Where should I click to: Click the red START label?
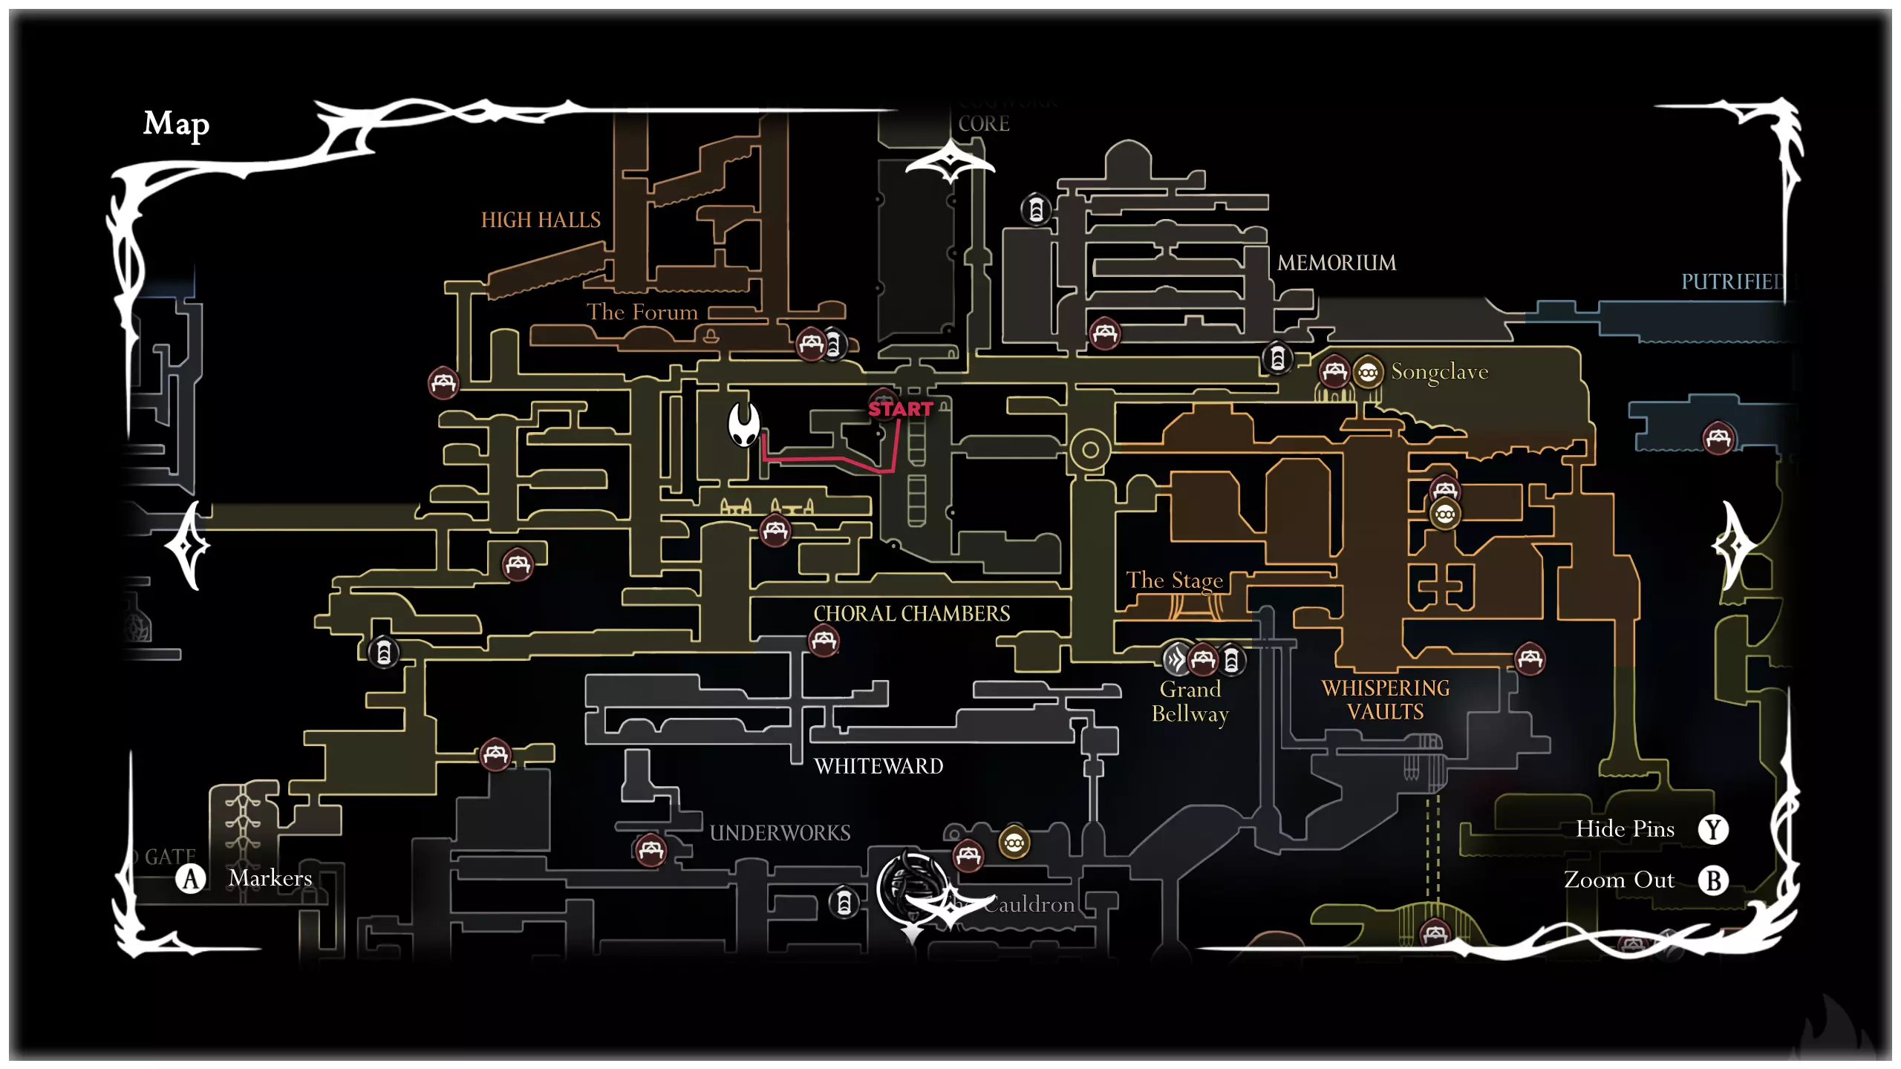900,409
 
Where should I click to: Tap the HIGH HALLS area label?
541,220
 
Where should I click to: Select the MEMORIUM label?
1337,263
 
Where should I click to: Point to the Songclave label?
1439,371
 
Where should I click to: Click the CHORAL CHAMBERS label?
911,613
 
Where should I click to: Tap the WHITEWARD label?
878,766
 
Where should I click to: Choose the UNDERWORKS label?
780,833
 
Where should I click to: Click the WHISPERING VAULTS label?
1385,699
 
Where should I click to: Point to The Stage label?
1174,580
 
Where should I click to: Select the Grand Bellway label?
1190,702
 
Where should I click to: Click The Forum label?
642,312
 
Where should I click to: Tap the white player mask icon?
743,424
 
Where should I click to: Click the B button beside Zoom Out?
1713,880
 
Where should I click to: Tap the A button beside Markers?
191,879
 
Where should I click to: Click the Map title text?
176,124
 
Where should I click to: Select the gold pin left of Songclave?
1367,372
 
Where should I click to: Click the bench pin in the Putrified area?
1718,437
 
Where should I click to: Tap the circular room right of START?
1089,449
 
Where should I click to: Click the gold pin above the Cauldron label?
1014,843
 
